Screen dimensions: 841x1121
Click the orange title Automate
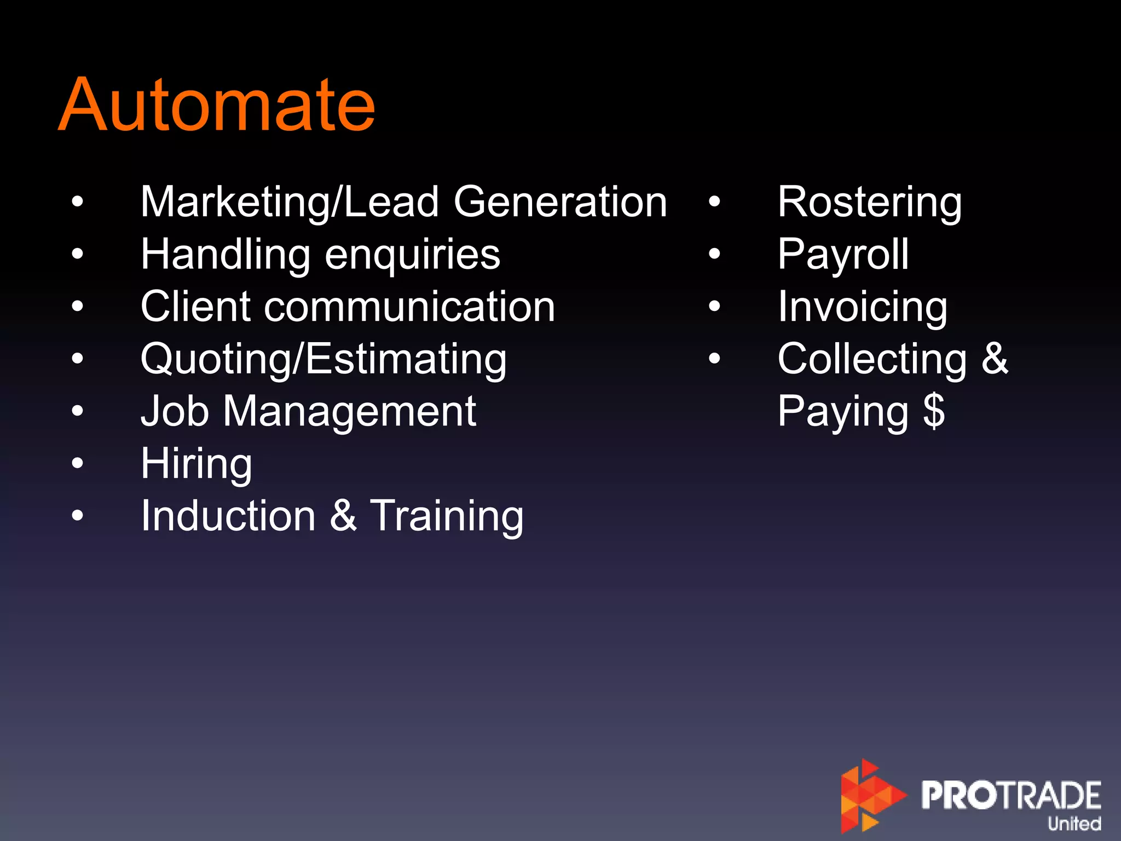(217, 105)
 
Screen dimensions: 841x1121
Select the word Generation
(560, 202)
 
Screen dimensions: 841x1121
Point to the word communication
(410, 307)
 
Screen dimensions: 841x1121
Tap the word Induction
(228, 516)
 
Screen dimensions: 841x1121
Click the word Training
(447, 516)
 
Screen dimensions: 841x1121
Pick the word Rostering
(869, 202)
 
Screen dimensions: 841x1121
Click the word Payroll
(843, 255)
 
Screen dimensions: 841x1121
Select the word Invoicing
(863, 307)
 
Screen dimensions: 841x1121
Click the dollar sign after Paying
(934, 411)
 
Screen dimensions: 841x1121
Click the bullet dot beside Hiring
(78, 463)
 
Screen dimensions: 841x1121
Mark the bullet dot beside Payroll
(714, 254)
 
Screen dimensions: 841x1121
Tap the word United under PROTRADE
(1074, 823)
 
